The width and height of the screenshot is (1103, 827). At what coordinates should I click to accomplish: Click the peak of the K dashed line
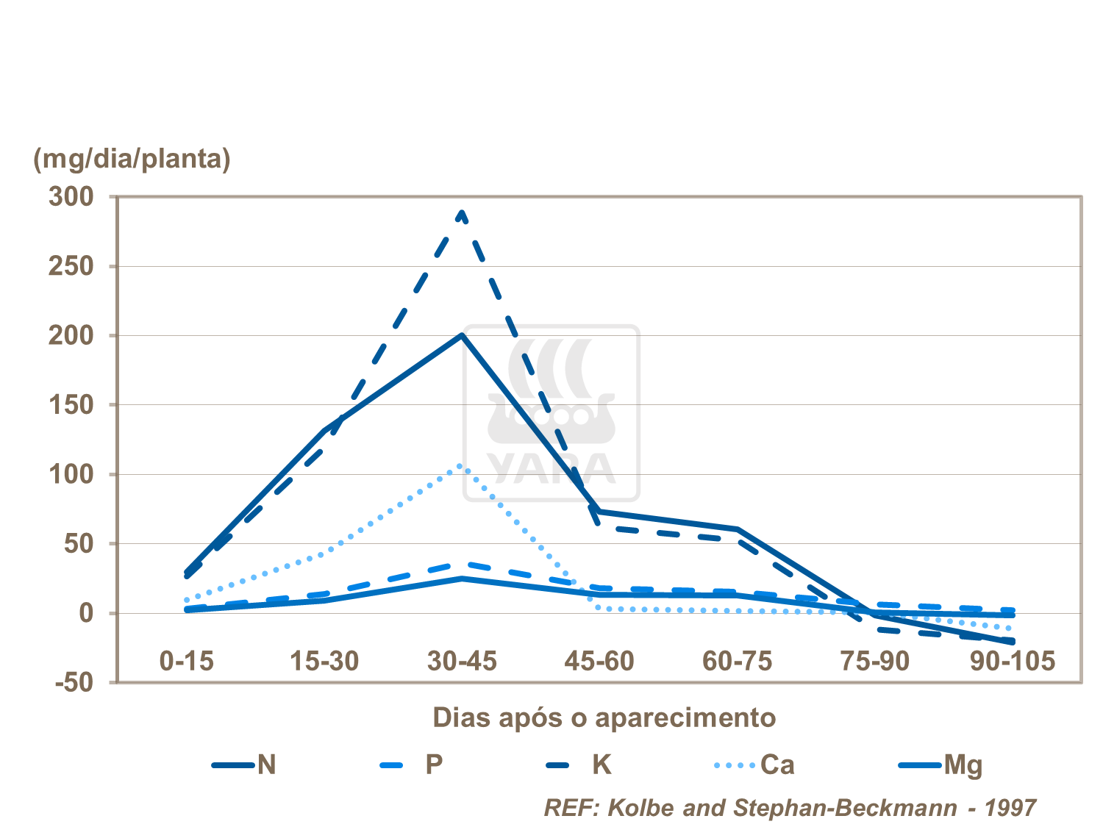tap(462, 212)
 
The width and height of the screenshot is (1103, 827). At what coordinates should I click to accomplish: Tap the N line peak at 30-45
tap(462, 335)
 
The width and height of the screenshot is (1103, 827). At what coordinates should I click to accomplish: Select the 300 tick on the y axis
tap(71, 196)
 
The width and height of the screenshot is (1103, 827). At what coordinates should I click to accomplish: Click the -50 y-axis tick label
tap(74, 682)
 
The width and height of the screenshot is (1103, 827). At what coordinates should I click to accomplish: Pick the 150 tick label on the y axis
tap(71, 404)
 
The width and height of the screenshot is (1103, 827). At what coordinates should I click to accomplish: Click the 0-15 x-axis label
tap(187, 661)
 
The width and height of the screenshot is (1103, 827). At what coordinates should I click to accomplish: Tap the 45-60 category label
tap(599, 661)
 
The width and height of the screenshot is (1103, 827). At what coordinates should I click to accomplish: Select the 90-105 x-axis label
tap(1013, 661)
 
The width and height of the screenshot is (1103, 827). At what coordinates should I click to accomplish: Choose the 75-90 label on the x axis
tap(875, 661)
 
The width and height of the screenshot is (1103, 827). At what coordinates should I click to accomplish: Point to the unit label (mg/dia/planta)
tap(132, 158)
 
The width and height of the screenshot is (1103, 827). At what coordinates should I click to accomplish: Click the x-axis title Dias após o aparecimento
tap(604, 717)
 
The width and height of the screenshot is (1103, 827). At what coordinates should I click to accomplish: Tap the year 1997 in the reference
tap(1010, 808)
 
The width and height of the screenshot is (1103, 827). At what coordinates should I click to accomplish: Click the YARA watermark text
tap(551, 468)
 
